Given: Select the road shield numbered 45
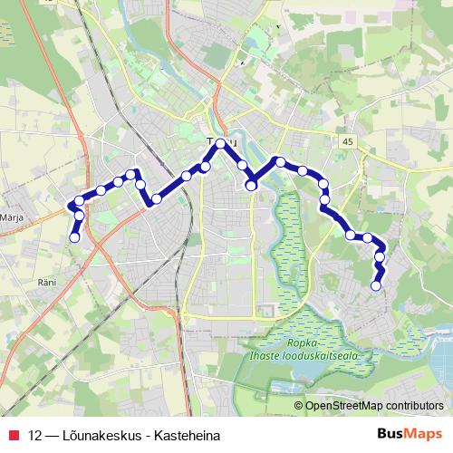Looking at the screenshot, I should click(349, 142).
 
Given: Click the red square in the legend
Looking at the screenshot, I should click(13, 436).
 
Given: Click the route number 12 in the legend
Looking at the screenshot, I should click(35, 436).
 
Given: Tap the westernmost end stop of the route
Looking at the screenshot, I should click(74, 237).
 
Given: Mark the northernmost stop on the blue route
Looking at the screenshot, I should click(220, 143).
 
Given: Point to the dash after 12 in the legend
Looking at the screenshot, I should click(51, 436).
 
